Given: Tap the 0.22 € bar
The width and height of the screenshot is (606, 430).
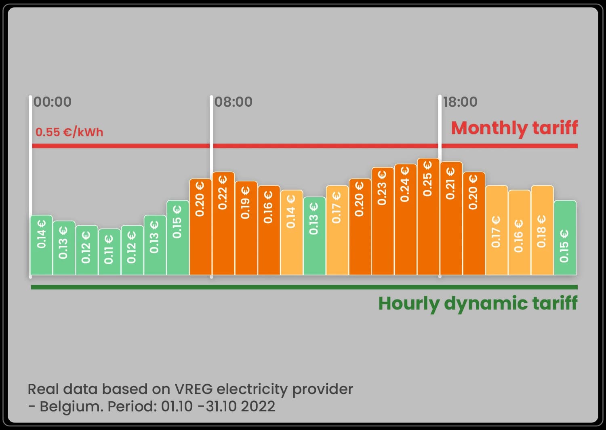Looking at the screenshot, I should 223,223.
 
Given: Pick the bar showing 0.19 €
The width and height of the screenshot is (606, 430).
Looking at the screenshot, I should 246,228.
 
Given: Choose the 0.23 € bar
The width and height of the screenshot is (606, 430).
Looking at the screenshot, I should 383,221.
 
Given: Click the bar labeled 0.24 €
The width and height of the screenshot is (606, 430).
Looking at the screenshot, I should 405,219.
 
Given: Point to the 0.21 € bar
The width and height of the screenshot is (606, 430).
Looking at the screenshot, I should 451,218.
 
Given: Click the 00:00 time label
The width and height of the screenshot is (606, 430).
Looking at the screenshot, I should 53,102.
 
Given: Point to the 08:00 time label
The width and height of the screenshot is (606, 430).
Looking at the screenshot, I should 234,102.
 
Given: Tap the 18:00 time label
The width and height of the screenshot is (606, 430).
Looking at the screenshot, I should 460,102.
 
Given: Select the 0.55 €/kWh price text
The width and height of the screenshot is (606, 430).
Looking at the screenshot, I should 69,132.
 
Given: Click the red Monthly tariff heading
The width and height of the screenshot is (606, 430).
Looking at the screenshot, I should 514,128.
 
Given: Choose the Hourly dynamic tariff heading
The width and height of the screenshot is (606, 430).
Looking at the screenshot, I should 478,304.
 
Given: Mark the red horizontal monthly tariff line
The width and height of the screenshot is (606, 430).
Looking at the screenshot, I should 323,146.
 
